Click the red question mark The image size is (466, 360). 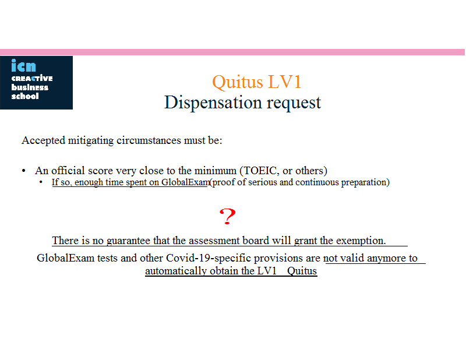[x=227, y=216]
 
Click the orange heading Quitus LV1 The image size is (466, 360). [x=257, y=82]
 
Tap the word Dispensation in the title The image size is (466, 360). [x=213, y=103]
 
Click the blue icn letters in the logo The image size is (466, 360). [x=23, y=65]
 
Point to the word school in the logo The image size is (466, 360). [x=25, y=96]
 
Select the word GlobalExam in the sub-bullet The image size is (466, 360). [x=185, y=182]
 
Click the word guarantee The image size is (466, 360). [x=128, y=241]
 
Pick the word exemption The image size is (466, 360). [x=361, y=241]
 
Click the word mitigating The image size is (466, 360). [x=91, y=140]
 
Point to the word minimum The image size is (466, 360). [x=215, y=171]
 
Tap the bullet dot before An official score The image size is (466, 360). [x=24, y=171]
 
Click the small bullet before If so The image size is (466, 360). [x=41, y=182]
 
